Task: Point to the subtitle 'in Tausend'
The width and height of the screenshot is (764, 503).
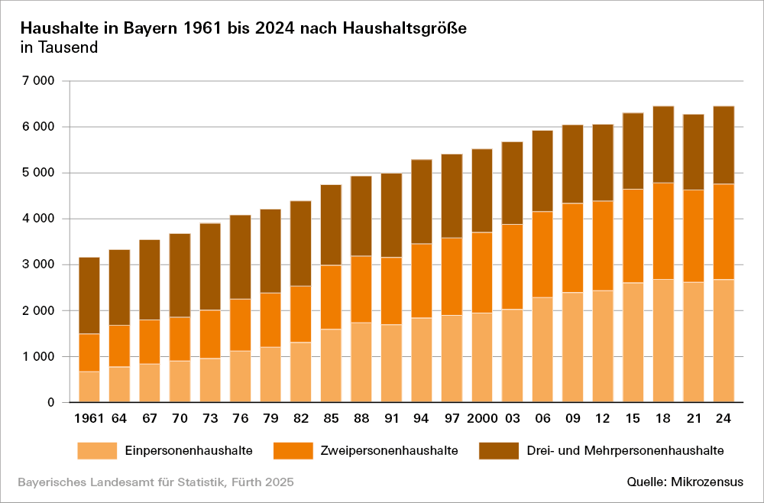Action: click(58, 48)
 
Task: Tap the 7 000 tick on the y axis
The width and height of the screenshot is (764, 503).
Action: click(38, 81)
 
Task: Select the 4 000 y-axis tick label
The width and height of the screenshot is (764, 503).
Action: click(38, 219)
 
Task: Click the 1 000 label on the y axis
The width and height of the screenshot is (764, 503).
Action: click(38, 357)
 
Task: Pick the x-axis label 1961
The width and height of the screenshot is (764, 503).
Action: click(89, 418)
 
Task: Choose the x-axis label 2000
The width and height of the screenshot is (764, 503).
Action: click(481, 418)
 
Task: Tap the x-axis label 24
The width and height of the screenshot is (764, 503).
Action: click(724, 418)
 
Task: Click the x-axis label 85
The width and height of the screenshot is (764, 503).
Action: click(331, 418)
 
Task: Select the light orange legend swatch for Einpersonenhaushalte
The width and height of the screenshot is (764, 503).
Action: click(97, 450)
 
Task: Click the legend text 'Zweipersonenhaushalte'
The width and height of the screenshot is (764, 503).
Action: click(390, 450)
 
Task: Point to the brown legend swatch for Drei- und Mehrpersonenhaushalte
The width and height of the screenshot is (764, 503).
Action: click(498, 450)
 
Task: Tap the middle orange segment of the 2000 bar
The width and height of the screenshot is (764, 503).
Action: click(481, 272)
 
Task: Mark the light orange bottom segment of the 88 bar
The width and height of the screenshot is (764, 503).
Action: click(361, 362)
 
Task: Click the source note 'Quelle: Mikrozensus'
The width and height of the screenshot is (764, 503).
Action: click(685, 482)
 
